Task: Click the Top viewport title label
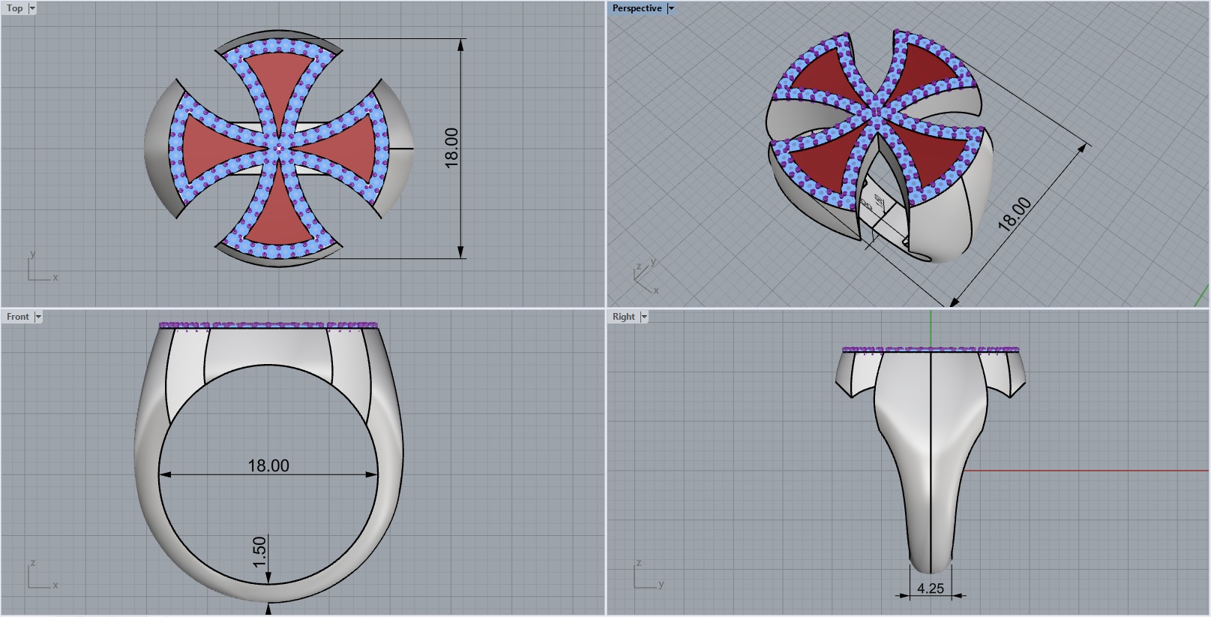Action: point(14,8)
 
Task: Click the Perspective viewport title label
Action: point(637,8)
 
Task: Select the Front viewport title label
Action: point(17,317)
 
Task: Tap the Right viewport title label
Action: point(623,317)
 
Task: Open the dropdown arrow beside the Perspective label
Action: point(671,8)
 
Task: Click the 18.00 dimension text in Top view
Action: point(451,148)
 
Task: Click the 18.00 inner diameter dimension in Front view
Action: point(268,465)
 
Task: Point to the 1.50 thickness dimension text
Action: point(260,552)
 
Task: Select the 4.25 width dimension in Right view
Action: point(931,588)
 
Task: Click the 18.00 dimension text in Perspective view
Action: point(1015,213)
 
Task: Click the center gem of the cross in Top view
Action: point(279,149)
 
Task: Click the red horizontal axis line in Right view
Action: point(1087,471)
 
